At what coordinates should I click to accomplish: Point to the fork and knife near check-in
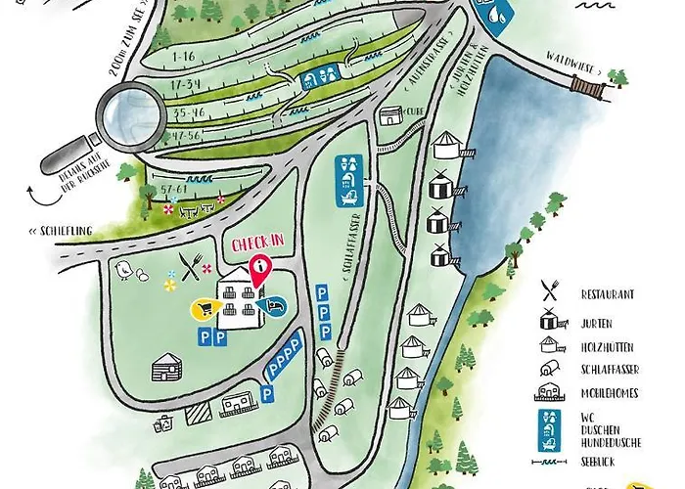coord(192,262)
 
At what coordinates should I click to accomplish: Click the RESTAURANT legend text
coord(608,293)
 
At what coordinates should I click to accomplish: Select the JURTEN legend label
coord(599,319)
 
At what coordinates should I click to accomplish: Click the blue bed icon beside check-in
coord(278,307)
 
